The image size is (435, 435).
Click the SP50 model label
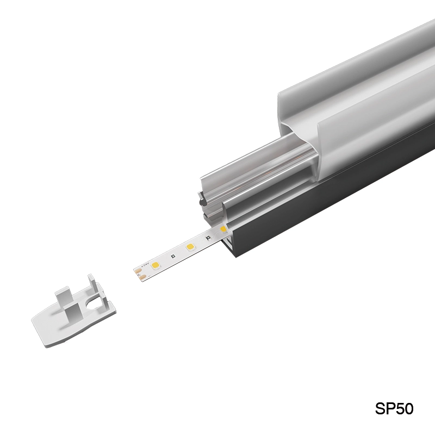tap(394, 409)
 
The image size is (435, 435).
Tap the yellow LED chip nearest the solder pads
tap(154, 265)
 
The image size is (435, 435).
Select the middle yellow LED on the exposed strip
tap(190, 247)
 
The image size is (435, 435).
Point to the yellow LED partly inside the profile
tap(223, 229)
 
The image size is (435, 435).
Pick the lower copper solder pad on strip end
tap(141, 277)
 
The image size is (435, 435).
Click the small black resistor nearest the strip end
tap(172, 256)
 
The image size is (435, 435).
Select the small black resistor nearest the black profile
tap(208, 238)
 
